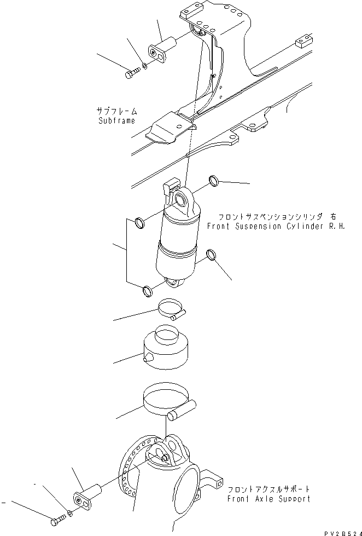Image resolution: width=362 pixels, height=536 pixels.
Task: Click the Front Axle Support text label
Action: pos(269,499)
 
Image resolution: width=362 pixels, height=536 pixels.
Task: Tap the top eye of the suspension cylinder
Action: pos(182,200)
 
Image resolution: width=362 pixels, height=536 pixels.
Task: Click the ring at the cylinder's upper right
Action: pos(214,181)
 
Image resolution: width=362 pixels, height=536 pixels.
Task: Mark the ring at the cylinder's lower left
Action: pos(147,290)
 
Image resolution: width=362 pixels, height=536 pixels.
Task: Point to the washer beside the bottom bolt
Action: pos(70,513)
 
